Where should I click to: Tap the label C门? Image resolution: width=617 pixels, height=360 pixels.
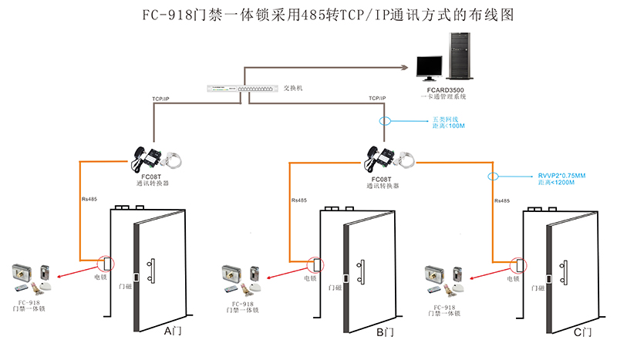pos(583,332)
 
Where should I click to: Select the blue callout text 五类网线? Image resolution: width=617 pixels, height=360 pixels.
pos(443,119)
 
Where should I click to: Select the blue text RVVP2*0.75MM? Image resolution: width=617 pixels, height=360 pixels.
pos(561,176)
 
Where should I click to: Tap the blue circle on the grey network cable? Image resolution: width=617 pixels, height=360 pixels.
pos(384,122)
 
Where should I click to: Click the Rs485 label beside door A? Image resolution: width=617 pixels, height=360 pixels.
pos(89,200)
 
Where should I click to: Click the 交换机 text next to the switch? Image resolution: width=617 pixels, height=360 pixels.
pos(293,89)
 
